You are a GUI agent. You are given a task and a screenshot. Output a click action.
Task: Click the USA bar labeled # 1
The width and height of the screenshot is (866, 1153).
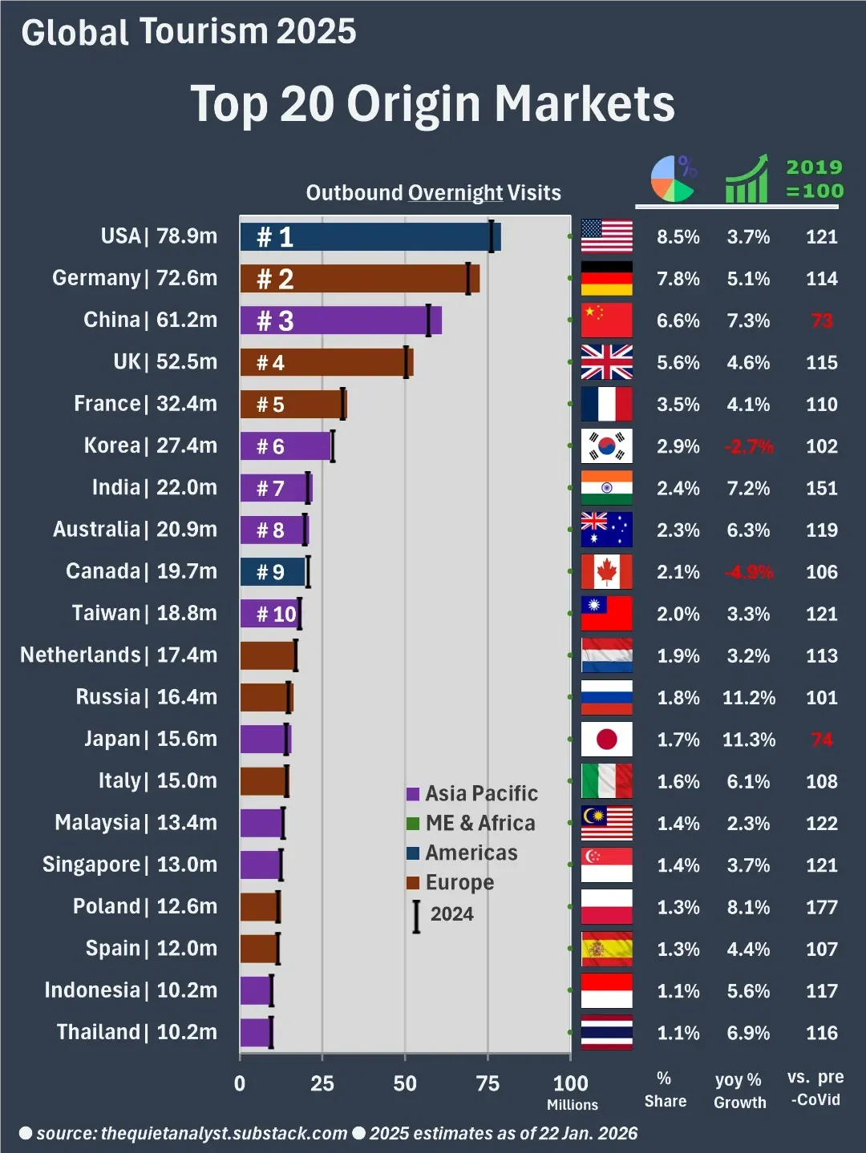coord(369,237)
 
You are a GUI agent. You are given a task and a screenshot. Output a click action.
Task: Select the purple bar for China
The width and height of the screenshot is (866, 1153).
coord(340,321)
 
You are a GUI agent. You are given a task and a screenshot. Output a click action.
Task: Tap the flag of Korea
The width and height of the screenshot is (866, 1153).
coord(606,446)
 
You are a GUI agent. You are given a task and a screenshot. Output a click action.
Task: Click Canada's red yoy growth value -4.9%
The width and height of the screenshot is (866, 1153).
coord(748,572)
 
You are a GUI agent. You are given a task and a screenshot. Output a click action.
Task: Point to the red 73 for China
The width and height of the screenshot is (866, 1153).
coord(821,321)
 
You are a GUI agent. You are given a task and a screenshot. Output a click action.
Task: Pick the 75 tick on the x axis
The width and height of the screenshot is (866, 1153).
coord(488,1083)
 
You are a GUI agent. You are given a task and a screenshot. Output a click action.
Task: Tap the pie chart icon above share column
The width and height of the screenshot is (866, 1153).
coord(673,179)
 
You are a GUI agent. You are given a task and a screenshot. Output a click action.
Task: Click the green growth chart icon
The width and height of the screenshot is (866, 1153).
coord(746,179)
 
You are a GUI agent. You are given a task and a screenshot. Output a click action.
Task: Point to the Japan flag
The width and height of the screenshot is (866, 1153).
coord(606,740)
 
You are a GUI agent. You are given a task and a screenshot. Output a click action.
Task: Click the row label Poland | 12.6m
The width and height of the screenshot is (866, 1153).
coord(144,906)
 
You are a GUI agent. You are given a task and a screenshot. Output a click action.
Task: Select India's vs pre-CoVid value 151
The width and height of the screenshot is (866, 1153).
coord(821,488)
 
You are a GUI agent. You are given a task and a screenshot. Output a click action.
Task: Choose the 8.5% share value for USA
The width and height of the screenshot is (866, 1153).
coord(678,237)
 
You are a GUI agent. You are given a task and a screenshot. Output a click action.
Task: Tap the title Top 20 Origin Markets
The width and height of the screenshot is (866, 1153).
coord(432,104)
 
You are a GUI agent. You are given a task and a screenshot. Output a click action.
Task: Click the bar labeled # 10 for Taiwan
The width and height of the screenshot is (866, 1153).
coord(269,614)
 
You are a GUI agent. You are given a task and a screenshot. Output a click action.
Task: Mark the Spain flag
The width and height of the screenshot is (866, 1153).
coord(606,949)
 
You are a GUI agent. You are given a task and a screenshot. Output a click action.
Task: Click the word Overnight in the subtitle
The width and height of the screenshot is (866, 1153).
coord(455,193)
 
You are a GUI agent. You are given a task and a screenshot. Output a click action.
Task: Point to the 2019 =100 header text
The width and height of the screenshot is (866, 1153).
coord(814,179)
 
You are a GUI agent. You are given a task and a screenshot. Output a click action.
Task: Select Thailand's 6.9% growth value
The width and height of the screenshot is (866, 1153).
coord(748,1033)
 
